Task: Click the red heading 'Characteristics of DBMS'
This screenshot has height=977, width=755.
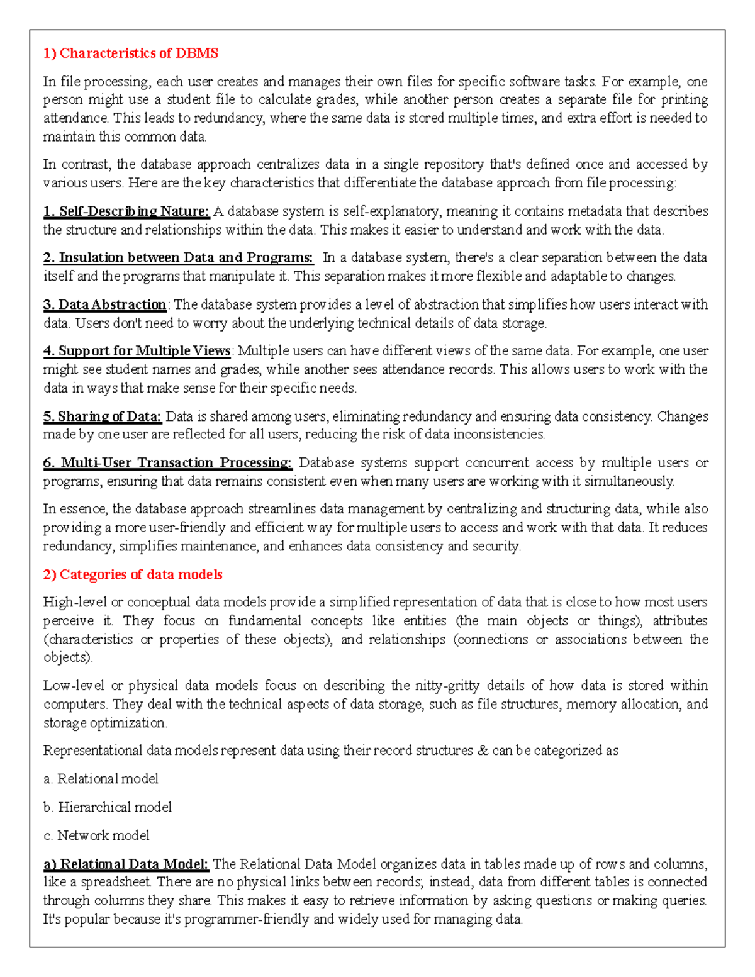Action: click(x=138, y=53)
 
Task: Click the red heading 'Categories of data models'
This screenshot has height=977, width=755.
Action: click(x=141, y=574)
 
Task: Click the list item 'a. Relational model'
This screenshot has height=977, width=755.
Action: click(x=101, y=778)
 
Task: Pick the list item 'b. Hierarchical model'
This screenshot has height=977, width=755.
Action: click(x=108, y=807)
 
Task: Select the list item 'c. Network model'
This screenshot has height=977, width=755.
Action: click(x=96, y=835)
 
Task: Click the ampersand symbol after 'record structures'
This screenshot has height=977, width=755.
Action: click(x=483, y=750)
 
